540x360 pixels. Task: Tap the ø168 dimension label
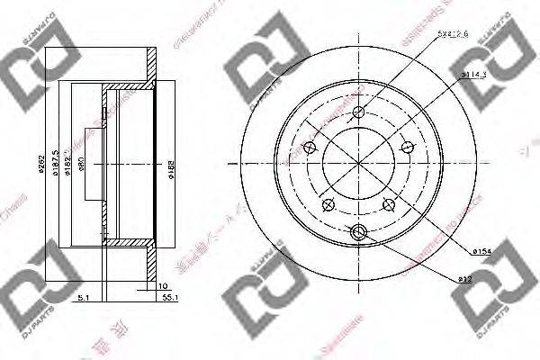point(169,165)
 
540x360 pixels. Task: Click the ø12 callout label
point(466,279)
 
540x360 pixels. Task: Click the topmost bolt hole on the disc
point(359,112)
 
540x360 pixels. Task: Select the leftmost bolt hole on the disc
point(311,148)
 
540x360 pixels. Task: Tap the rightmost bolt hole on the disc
point(408,148)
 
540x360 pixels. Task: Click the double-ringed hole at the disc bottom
point(359,232)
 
